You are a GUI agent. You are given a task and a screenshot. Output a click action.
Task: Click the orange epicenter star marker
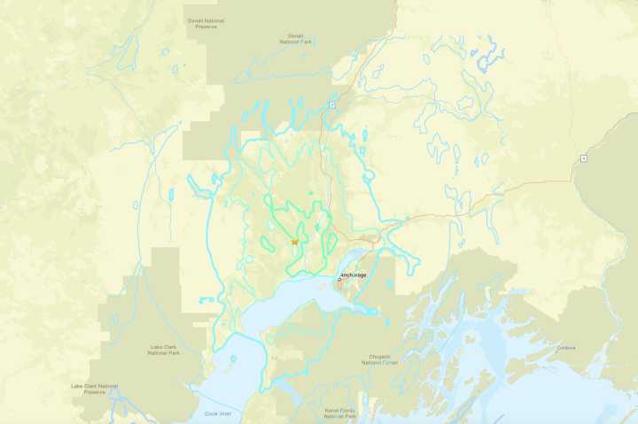pyautogui.click(x=294, y=242)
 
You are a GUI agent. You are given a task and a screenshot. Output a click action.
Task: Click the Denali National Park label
pyautogui.click(x=296, y=40)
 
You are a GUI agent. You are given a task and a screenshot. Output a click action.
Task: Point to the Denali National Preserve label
pyautogui.click(x=206, y=23)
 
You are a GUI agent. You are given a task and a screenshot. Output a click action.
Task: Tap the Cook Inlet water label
pyautogui.click(x=217, y=412)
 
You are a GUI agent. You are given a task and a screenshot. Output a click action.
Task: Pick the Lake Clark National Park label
pyautogui.click(x=165, y=349)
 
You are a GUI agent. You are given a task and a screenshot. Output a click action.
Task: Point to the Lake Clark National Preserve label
pyautogui.click(x=95, y=389)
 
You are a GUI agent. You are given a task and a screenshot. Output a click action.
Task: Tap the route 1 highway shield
pyautogui.click(x=583, y=158)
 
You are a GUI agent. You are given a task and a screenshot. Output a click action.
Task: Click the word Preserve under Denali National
pyautogui.click(x=206, y=27)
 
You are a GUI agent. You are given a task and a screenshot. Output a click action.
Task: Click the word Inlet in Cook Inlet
pyautogui.click(x=223, y=412)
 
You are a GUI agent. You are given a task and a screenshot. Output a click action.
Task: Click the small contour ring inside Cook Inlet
pyautogui.click(x=233, y=359)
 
